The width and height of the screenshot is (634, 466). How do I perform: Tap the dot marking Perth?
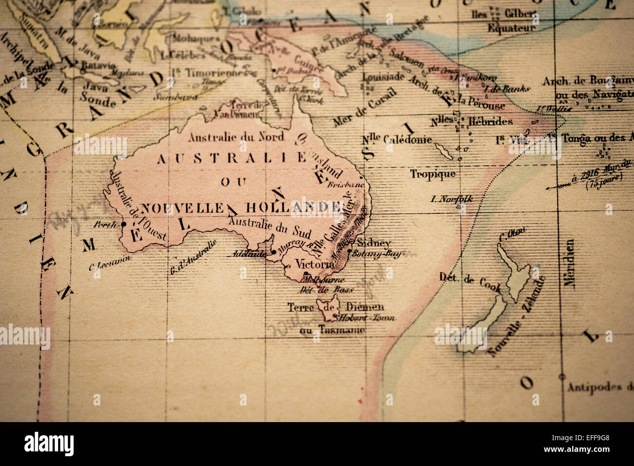[123, 224]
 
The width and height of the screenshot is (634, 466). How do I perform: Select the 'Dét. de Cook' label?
[470, 280]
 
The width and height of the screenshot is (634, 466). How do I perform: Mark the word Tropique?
[433, 174]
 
